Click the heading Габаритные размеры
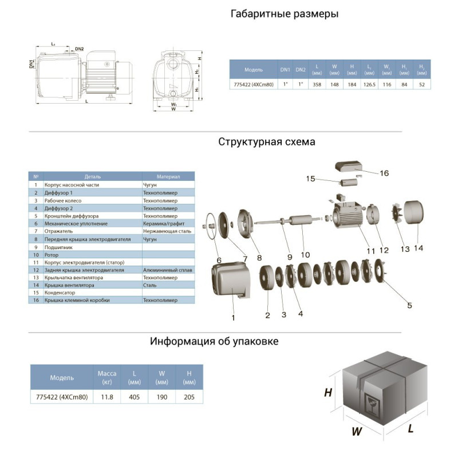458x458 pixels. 284,14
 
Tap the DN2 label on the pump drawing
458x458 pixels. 79,49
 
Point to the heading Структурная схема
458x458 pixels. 266,142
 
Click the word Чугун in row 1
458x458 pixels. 150,185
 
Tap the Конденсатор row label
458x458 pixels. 60,293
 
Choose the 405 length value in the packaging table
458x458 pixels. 135,396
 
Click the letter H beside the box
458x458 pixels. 328,393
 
